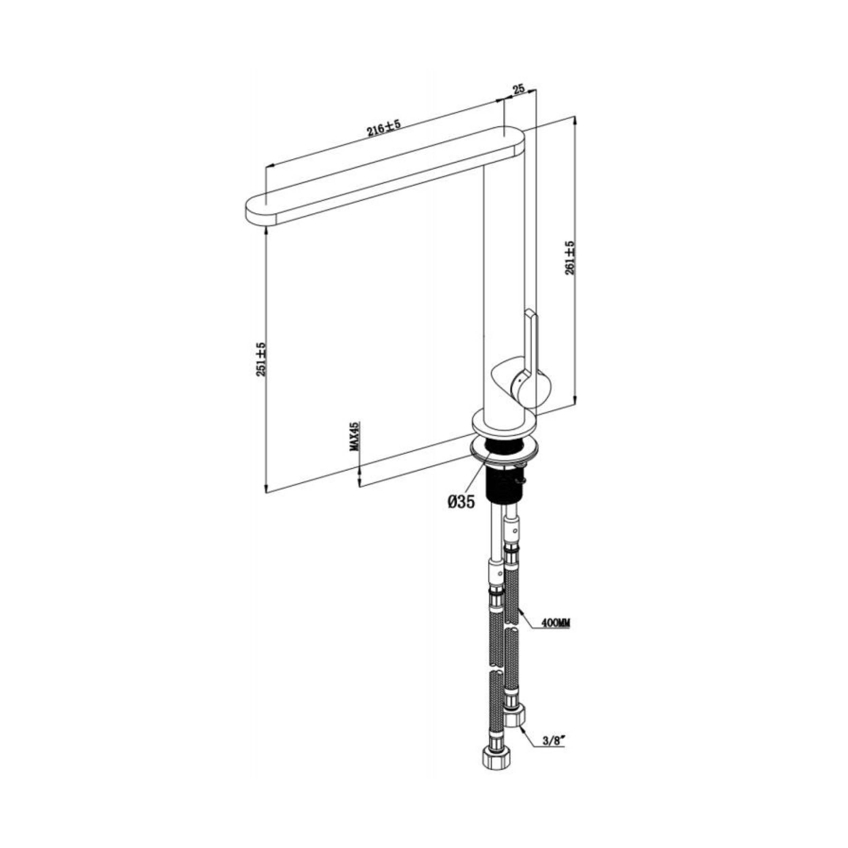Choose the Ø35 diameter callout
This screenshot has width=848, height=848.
(x=461, y=502)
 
